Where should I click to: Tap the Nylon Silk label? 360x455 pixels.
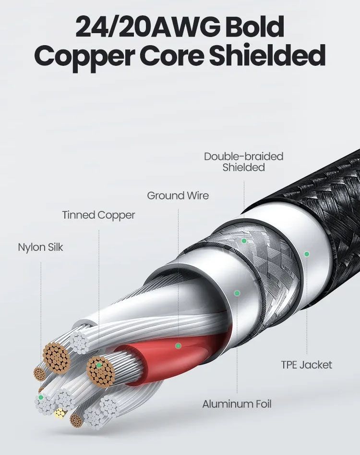pos(40,247)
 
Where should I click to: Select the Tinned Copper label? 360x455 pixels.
pos(98,215)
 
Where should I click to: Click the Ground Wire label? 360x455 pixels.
pos(178,196)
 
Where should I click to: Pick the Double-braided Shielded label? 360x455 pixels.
pos(243,162)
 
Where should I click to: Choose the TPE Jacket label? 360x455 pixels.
pos(306,365)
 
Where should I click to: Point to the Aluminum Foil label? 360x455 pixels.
pos(237,404)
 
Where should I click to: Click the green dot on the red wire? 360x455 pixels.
pos(178,345)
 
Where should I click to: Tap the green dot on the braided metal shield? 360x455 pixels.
pos(244,241)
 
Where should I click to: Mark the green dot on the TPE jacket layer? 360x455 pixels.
pos(307,253)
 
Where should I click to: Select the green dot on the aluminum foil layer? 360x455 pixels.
pos(237,293)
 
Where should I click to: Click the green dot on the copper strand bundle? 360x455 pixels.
pos(99,366)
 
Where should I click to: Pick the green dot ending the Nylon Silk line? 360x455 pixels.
pos(41,397)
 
